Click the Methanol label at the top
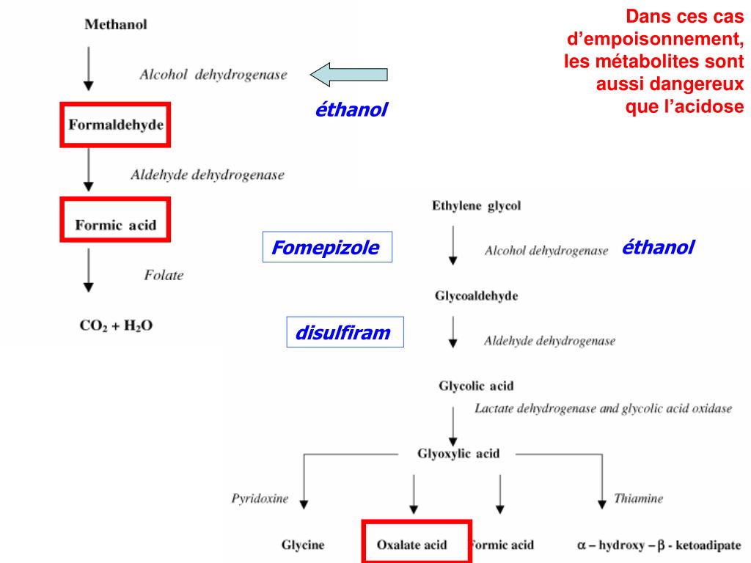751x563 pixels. [116, 24]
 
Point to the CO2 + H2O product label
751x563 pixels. [116, 325]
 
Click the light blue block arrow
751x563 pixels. [348, 74]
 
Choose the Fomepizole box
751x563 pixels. [327, 248]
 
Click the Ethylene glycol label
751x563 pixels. [476, 206]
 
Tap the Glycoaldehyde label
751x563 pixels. [477, 296]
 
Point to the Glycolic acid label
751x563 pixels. [475, 386]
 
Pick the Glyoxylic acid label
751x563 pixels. [458, 453]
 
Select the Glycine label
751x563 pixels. [303, 545]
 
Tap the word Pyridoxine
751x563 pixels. [260, 499]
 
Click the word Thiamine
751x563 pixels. [638, 499]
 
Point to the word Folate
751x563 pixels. [164, 276]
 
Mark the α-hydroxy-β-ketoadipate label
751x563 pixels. [659, 545]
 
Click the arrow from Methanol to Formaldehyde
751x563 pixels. [89, 69]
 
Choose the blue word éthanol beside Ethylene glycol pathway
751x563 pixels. [657, 248]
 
